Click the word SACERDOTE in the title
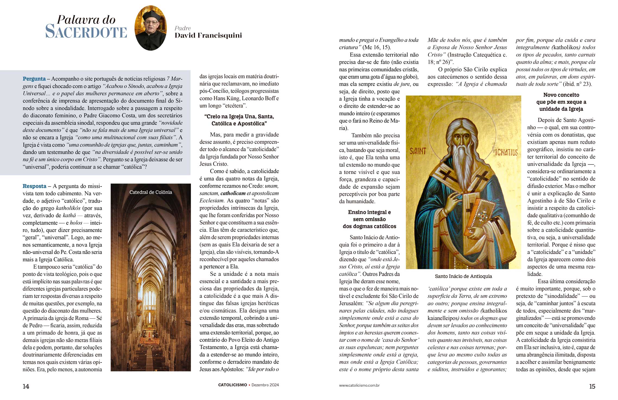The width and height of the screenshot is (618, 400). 86,32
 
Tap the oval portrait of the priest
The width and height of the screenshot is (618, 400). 150,28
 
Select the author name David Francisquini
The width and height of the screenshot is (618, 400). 208,35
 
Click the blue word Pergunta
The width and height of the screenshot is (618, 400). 34,79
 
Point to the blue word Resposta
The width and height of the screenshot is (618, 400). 34,186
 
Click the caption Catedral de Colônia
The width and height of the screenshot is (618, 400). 151,192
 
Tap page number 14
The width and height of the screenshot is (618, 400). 26,386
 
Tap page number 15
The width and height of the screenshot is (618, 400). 592,386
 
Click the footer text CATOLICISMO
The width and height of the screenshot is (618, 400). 233,385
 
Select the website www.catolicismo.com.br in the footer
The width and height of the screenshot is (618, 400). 359,385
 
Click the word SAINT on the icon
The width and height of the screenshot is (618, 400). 418,151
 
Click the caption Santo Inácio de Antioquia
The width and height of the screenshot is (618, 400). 463,276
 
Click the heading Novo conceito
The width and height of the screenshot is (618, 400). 561,95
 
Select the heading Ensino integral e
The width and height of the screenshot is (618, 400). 369,212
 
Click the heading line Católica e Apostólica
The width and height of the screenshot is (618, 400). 239,124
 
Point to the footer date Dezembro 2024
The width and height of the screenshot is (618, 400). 265,385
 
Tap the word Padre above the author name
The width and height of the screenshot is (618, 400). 183,28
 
